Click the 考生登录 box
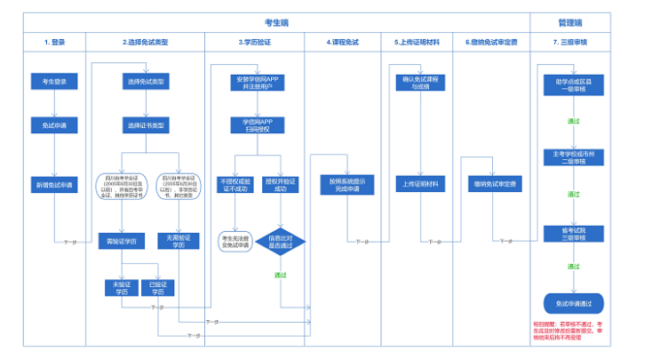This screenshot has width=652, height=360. (54, 81)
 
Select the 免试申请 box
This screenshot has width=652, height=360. (54, 125)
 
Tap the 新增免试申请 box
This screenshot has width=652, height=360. (54, 185)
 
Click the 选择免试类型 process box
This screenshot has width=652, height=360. (147, 81)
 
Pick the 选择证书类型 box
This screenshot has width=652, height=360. (147, 125)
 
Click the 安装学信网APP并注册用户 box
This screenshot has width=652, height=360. (256, 81)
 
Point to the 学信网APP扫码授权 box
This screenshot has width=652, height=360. (256, 125)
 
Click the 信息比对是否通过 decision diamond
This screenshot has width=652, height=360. (280, 242)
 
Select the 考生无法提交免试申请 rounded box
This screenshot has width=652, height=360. (234, 242)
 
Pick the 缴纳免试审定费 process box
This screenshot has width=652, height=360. (496, 185)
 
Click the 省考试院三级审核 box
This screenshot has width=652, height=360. (573, 233)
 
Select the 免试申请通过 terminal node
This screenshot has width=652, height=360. (573, 303)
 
